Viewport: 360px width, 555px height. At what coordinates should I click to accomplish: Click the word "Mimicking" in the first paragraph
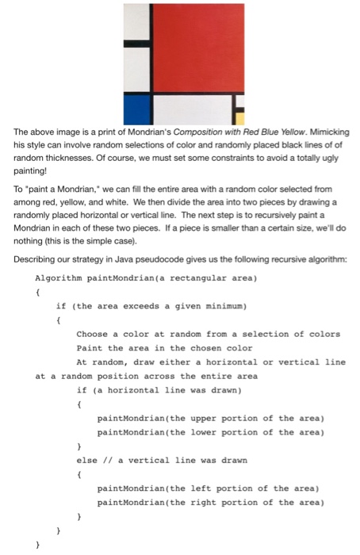click(327, 132)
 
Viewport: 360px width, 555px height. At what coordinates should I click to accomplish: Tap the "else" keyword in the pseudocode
click(87, 459)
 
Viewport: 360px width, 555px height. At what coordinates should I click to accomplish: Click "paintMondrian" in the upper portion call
click(129, 418)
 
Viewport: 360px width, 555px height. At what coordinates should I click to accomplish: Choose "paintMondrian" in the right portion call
click(129, 502)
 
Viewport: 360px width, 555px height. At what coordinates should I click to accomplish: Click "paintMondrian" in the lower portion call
click(129, 432)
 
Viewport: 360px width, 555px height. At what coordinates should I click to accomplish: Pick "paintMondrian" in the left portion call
click(129, 488)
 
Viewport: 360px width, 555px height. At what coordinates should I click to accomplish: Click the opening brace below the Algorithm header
click(37, 292)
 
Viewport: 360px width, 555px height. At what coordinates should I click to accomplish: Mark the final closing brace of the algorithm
click(37, 545)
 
